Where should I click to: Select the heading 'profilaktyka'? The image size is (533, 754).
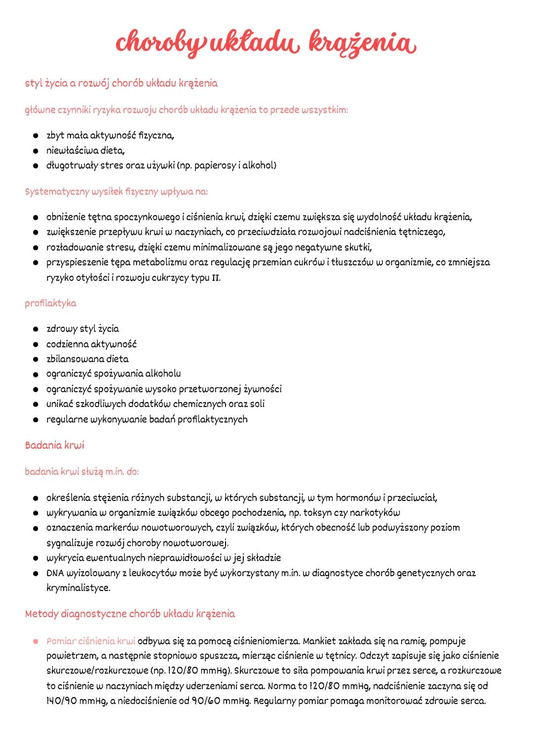(x=50, y=303)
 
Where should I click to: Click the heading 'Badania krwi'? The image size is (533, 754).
(x=54, y=445)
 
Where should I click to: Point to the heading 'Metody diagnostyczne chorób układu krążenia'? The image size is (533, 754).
(x=130, y=614)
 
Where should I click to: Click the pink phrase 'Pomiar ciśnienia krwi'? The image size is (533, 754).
(x=91, y=641)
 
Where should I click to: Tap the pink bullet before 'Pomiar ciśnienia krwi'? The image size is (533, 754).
(x=36, y=641)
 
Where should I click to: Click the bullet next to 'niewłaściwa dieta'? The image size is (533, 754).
(x=36, y=151)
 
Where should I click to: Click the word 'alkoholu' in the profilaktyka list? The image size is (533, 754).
(x=163, y=374)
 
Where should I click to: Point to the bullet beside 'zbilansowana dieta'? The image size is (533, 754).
(x=36, y=359)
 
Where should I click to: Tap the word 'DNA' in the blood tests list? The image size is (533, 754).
(x=55, y=573)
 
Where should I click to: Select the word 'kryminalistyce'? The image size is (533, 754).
(x=78, y=588)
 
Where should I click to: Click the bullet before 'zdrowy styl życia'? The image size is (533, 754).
(x=36, y=329)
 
